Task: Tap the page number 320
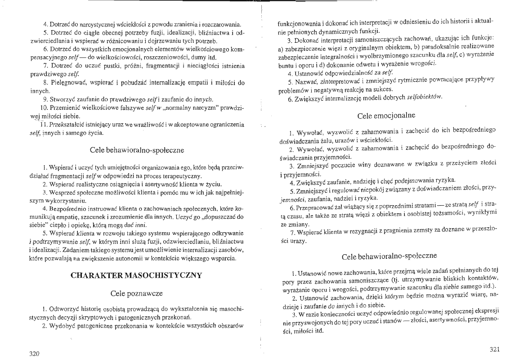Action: point(35,354)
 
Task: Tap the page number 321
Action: point(494,349)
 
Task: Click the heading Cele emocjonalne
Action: point(389,116)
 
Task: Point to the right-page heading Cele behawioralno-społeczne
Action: point(389,256)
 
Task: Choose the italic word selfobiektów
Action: point(425,97)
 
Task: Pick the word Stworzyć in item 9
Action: point(66,99)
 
